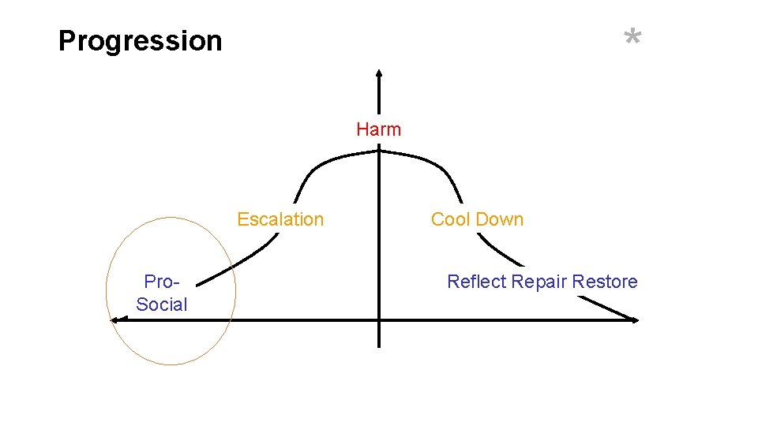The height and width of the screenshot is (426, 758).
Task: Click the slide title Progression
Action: pyautogui.click(x=141, y=40)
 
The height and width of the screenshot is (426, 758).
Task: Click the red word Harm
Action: pyautogui.click(x=378, y=129)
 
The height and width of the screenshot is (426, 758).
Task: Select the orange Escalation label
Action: pyautogui.click(x=280, y=219)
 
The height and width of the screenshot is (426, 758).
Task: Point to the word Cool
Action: pyautogui.click(x=450, y=219)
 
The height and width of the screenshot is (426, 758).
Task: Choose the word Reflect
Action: pyautogui.click(x=477, y=282)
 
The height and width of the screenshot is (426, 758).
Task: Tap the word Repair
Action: pyautogui.click(x=539, y=282)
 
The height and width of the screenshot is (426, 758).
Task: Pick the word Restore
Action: pyautogui.click(x=605, y=282)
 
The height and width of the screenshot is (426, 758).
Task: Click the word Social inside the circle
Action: pyautogui.click(x=162, y=305)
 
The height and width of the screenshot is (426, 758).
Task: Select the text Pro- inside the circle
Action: pyautogui.click(x=163, y=282)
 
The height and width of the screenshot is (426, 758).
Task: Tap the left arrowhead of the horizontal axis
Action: pyautogui.click(x=114, y=319)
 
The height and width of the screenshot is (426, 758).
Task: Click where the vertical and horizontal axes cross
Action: pyautogui.click(x=379, y=319)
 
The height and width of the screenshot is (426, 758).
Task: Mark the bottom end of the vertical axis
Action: pyautogui.click(x=379, y=346)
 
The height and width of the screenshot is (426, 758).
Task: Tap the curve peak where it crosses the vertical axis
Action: pyautogui.click(x=379, y=155)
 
